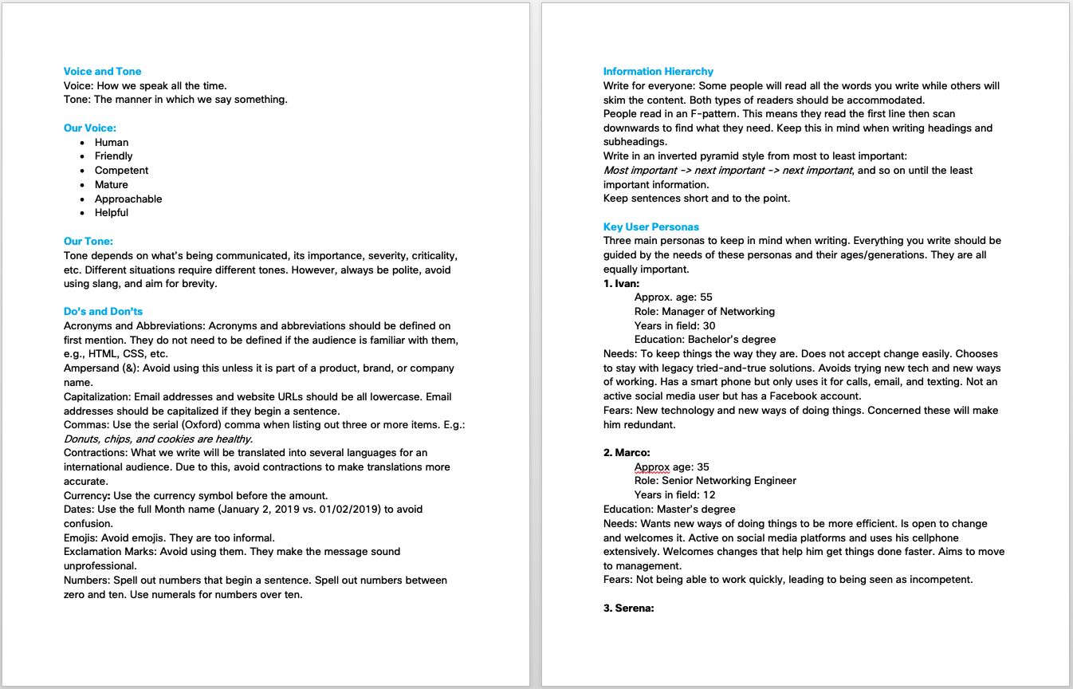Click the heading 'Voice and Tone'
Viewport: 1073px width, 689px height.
(x=102, y=71)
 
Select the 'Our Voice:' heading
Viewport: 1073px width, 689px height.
(x=90, y=128)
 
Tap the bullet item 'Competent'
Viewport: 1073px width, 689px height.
(x=121, y=170)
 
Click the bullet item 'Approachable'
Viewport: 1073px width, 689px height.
(x=128, y=199)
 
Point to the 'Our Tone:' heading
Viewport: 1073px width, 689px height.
(x=88, y=241)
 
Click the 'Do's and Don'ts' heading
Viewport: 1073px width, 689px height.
(x=103, y=311)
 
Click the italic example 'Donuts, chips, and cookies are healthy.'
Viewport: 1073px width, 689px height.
(x=159, y=439)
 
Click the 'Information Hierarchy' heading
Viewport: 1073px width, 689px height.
(x=658, y=71)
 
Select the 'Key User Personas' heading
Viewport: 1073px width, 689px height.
(x=651, y=226)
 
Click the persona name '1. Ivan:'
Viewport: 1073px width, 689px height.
(x=622, y=283)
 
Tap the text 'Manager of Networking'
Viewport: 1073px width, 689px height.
(x=718, y=311)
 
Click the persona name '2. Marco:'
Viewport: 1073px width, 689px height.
(x=627, y=452)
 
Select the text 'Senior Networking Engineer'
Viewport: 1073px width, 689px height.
(x=729, y=480)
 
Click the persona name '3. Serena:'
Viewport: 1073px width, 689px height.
(x=629, y=608)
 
